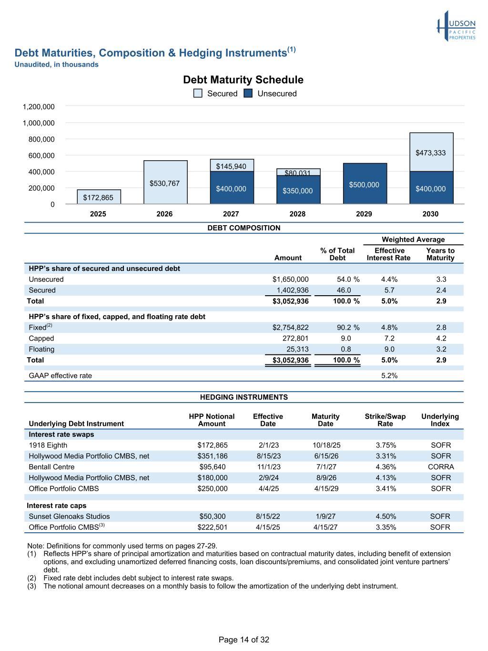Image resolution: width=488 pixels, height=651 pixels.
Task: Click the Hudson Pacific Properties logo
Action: (x=456, y=26)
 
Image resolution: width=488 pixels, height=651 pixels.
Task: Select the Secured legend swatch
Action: (x=198, y=93)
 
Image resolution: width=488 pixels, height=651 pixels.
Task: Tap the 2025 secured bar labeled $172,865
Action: (x=99, y=197)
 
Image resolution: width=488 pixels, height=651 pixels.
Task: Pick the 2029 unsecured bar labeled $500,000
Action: (x=365, y=184)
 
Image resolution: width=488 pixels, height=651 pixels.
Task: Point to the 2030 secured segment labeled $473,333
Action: (x=431, y=153)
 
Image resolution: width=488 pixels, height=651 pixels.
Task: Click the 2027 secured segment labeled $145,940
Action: (x=232, y=165)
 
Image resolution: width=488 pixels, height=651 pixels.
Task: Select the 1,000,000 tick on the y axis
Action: (x=39, y=123)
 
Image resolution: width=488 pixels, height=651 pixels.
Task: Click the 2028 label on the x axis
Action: (x=297, y=214)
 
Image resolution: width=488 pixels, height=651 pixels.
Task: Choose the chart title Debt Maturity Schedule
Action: (x=243, y=80)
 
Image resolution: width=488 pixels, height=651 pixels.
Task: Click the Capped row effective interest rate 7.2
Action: (x=389, y=339)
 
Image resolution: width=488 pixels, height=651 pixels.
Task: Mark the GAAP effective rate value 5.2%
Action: (x=389, y=376)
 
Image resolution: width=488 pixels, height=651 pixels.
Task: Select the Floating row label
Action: (x=41, y=350)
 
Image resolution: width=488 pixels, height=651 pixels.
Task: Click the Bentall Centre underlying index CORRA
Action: (x=440, y=467)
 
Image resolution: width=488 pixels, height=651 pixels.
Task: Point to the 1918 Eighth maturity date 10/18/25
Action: (x=325, y=445)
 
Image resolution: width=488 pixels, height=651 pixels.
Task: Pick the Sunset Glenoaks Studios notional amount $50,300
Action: (x=212, y=517)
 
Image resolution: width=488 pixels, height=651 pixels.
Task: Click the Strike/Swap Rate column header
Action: (x=385, y=420)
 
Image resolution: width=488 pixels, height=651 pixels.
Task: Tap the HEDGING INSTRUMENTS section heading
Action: (x=244, y=397)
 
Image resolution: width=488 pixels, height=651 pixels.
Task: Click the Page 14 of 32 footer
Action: (x=244, y=640)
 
